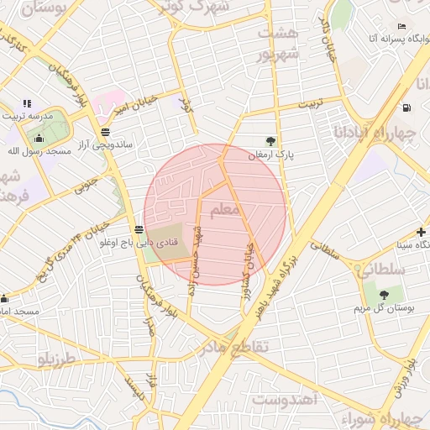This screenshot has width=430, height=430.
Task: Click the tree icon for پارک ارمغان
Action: point(270,141)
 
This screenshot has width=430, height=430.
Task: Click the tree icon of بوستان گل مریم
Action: point(384,295)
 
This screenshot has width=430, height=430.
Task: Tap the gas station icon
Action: point(406,107)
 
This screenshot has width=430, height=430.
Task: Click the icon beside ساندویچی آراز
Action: point(104,132)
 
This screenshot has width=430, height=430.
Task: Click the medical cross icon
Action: point(421,231)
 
